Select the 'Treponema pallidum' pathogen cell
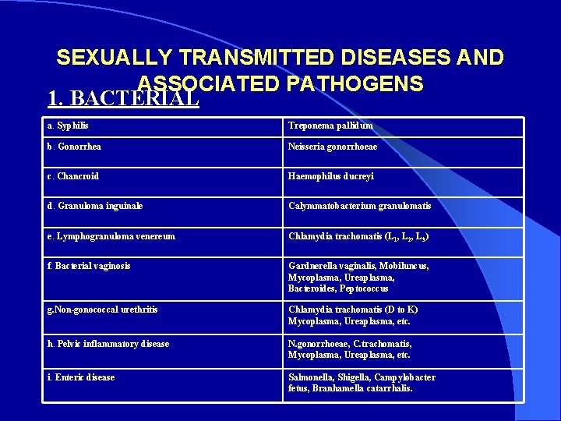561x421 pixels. [x=330, y=126]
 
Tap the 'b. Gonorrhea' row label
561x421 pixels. [x=74, y=147]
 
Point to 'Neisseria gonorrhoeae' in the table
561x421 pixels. [x=333, y=147]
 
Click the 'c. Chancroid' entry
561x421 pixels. [x=73, y=176]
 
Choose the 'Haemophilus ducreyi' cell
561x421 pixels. [x=331, y=176]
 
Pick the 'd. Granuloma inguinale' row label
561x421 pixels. [x=95, y=206]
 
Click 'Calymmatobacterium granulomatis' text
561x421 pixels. [x=359, y=206]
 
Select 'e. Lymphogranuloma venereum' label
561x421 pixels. [x=111, y=236]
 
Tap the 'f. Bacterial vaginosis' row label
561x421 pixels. [x=89, y=266]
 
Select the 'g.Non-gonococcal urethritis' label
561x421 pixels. [x=102, y=310]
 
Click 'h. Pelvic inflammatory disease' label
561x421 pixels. [x=108, y=344]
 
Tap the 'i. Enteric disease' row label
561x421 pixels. [x=81, y=377]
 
